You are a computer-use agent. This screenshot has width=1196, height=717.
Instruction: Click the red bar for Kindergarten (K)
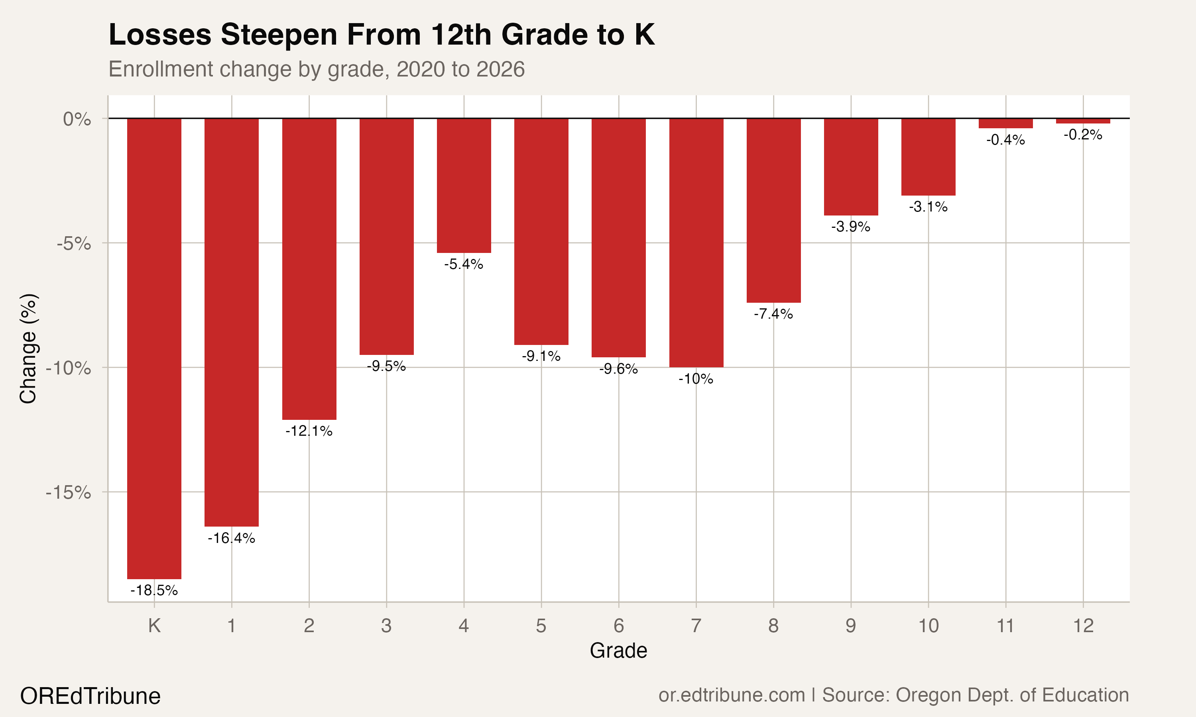click(x=154, y=348)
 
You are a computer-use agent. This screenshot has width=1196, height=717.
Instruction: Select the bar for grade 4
click(x=464, y=186)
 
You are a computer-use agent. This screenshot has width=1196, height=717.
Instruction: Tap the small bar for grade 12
click(x=1083, y=121)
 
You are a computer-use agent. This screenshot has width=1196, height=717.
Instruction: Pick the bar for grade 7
click(x=696, y=243)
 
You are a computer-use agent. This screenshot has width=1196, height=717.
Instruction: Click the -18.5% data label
click(x=154, y=590)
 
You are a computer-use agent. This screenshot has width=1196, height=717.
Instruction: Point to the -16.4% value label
click(x=232, y=538)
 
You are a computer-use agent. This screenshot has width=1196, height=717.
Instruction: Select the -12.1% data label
click(x=309, y=431)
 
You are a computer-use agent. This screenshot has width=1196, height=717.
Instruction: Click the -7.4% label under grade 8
click(x=773, y=314)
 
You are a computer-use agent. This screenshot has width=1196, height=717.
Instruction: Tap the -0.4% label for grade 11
click(x=1005, y=140)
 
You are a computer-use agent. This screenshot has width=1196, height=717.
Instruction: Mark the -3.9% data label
click(x=851, y=227)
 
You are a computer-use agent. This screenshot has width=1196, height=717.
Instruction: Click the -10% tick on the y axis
click(x=69, y=368)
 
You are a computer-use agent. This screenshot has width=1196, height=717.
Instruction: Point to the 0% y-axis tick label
click(x=77, y=119)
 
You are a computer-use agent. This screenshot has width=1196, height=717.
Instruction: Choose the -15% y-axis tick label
click(x=69, y=493)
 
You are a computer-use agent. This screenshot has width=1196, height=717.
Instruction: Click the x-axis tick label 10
click(x=928, y=626)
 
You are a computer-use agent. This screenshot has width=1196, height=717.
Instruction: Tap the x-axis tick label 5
click(x=541, y=626)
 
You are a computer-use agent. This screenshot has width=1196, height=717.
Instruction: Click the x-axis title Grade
click(x=618, y=651)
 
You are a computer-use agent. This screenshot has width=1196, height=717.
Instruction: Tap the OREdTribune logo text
click(x=90, y=696)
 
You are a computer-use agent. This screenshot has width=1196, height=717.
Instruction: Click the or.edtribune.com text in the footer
click(x=732, y=695)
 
